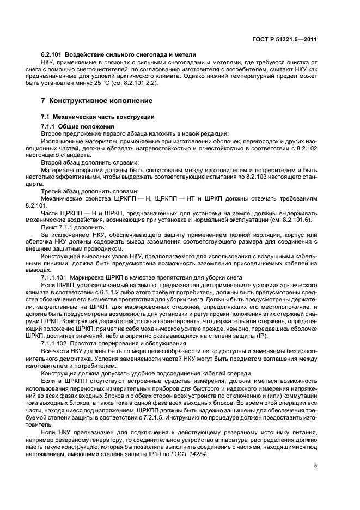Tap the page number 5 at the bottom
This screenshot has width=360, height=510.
coord(315,466)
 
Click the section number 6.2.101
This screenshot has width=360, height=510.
coord(52,55)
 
